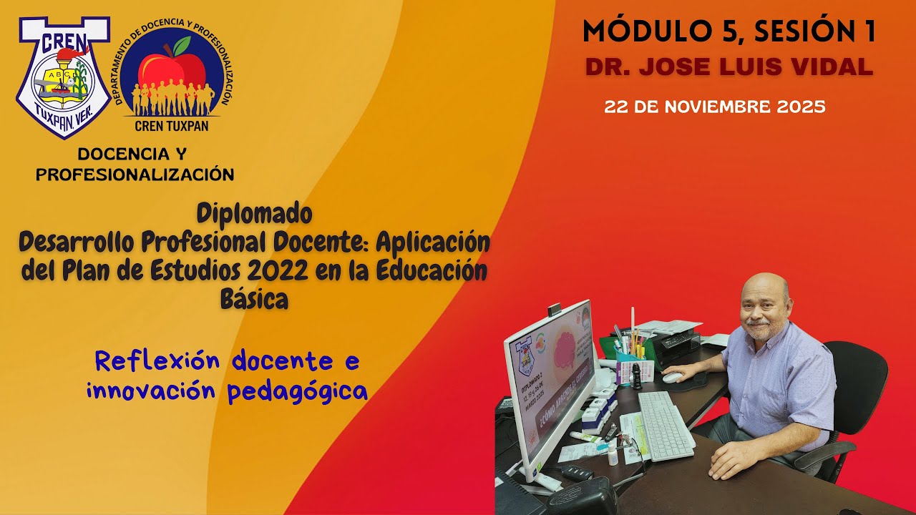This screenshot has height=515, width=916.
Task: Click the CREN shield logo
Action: point(63,75)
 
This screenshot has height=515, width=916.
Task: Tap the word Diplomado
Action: point(254,213)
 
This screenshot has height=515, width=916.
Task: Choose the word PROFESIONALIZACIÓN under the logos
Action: point(135,175)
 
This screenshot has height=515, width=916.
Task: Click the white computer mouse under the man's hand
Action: point(672,377)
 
